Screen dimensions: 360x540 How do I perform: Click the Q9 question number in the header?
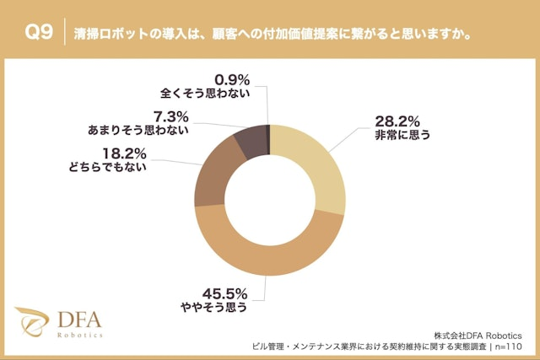coord(39,35)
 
